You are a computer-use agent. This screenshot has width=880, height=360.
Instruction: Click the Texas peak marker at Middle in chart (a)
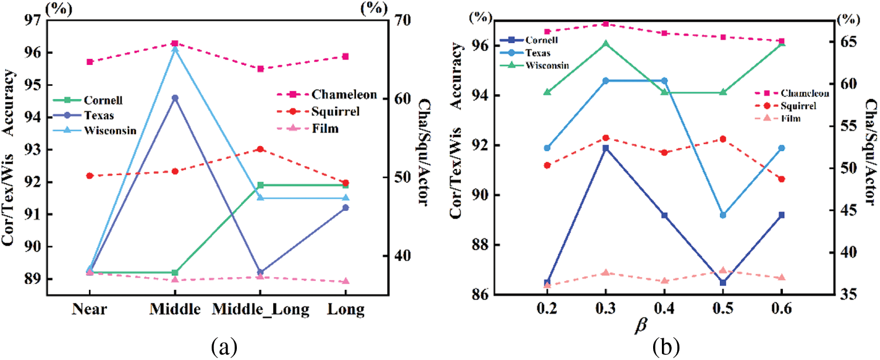[175, 98]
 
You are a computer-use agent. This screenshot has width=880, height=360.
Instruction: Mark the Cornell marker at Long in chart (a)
[346, 185]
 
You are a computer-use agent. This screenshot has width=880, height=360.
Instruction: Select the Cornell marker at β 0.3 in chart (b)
[606, 148]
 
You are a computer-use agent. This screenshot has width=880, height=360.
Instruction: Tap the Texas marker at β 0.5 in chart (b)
[723, 215]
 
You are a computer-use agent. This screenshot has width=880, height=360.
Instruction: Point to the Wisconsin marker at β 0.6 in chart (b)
[781, 43]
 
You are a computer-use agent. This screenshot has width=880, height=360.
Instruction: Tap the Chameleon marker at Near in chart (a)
[90, 61]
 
